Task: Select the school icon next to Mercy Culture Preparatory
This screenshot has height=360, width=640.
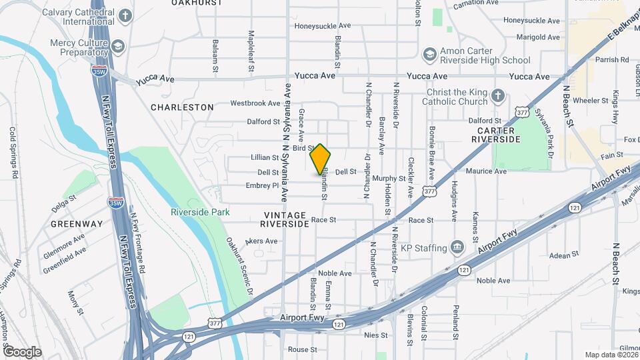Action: point(118,46)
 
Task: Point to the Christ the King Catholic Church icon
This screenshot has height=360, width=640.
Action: point(497,96)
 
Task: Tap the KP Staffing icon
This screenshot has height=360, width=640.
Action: point(457,247)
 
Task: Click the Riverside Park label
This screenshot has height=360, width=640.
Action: point(200,212)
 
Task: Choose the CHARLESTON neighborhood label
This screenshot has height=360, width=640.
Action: point(182,107)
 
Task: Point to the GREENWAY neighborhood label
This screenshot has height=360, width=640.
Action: point(77,223)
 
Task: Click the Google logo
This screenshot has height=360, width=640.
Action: point(22,351)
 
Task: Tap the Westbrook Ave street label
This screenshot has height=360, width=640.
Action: point(255,103)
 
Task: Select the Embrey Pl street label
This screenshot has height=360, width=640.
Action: point(261,185)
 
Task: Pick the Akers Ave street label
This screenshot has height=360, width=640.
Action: point(261,241)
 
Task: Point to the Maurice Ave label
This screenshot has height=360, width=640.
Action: point(485,171)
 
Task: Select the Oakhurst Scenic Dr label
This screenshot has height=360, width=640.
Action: point(239,266)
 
